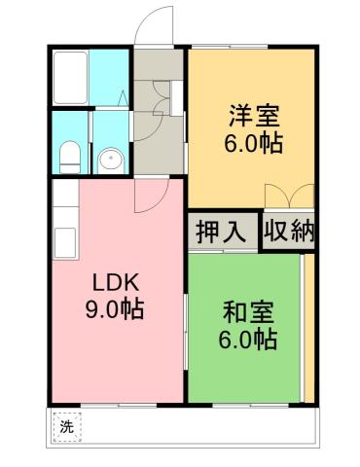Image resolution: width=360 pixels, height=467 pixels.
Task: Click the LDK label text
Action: (117, 284)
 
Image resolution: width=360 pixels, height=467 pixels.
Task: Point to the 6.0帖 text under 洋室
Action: (254, 144)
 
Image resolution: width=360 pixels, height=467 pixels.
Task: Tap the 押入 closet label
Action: (221, 233)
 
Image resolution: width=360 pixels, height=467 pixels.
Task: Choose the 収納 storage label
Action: (289, 233)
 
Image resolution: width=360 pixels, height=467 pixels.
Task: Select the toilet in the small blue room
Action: (68, 157)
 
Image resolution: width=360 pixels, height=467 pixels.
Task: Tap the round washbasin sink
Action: (111, 158)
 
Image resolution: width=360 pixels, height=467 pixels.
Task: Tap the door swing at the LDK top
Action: (148, 195)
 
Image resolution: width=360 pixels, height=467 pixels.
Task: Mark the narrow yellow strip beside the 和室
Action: (307, 326)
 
